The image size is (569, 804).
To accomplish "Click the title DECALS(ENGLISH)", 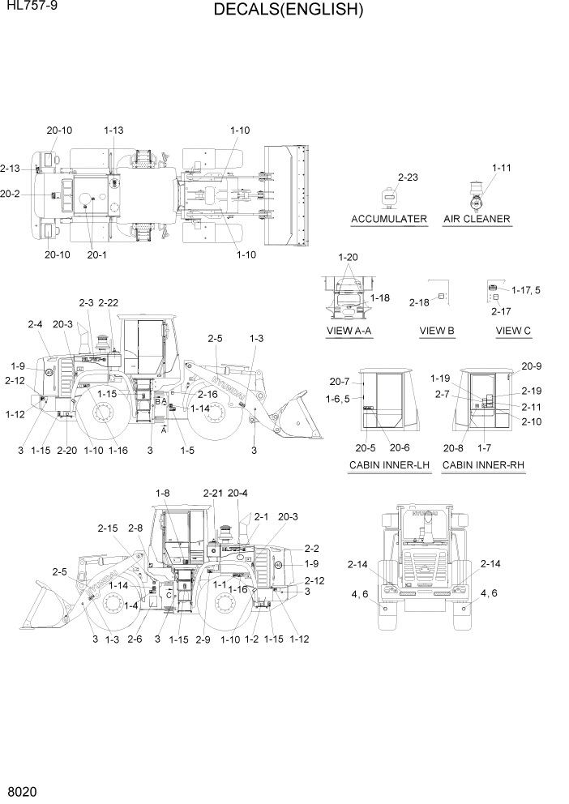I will click(x=289, y=11).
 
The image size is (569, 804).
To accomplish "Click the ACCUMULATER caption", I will click(x=389, y=220).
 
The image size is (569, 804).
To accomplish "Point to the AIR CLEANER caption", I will click(x=477, y=220).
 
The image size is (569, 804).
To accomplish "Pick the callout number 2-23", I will click(x=408, y=177).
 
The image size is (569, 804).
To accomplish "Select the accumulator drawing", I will click(x=389, y=196).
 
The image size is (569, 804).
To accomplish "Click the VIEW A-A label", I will click(x=350, y=331).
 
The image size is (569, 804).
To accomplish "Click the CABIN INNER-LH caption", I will click(x=389, y=465).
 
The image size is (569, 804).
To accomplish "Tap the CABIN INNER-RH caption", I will click(x=482, y=465).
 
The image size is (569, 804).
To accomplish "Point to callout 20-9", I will click(x=532, y=366).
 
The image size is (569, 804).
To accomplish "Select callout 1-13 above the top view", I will click(x=113, y=130).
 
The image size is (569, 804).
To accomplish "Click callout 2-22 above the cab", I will click(x=109, y=303).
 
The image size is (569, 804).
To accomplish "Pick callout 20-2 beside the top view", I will click(x=11, y=194).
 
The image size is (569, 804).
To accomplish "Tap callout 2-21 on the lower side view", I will click(x=212, y=493).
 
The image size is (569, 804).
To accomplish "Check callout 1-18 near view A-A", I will click(x=380, y=298).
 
